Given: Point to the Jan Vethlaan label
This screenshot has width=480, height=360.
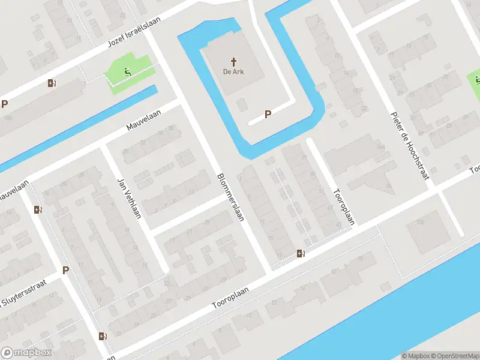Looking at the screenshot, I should point(128,199).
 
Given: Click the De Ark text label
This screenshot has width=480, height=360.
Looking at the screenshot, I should point(234,72).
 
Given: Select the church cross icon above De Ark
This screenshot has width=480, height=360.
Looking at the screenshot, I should point(234,61).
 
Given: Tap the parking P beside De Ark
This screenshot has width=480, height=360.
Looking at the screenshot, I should point(268,114).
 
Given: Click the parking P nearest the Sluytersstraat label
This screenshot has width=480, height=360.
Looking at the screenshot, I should point(65,270).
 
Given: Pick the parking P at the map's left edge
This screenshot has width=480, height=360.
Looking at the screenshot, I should point(5,104).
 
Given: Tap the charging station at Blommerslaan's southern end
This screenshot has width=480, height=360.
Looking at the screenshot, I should point(301,253).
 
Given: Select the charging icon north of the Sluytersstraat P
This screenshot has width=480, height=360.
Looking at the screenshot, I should point(38,209).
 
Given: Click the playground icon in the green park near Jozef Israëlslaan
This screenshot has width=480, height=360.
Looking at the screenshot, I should point(127,73).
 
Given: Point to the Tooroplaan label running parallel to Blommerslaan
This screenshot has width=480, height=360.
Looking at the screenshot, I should point(344,207).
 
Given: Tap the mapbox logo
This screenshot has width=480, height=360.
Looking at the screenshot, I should point(26,353).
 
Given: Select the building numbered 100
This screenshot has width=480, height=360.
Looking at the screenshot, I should point(420,223).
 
